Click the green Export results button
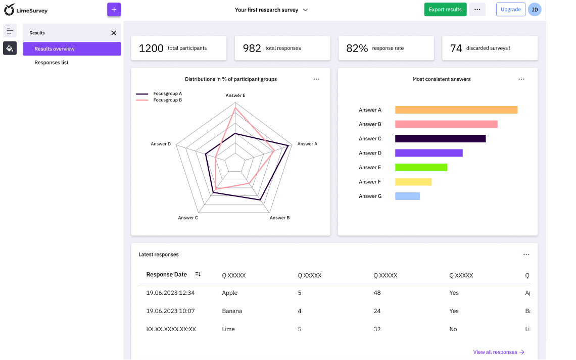point(445,10)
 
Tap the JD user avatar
point(535,10)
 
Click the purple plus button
point(114,10)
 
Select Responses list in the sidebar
point(52,63)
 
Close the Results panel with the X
point(114,33)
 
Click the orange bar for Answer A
point(456,110)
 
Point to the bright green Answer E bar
point(421,167)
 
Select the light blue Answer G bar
point(407,196)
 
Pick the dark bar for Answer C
point(440,138)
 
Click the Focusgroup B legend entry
point(167,100)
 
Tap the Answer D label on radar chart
point(161,144)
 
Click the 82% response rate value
point(357,48)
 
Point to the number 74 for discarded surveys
point(456,48)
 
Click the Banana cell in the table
point(232,311)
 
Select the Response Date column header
point(166,275)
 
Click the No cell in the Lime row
point(453,329)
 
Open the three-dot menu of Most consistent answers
point(521,79)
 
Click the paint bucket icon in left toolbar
point(10,48)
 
